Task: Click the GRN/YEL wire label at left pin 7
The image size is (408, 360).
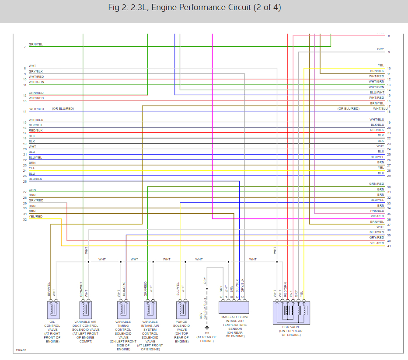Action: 36,44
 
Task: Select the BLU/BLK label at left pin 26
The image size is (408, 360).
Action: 35,179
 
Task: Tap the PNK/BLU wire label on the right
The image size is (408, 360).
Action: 377,211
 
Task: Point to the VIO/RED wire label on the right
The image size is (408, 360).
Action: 377,216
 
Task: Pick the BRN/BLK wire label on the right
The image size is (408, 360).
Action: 377,71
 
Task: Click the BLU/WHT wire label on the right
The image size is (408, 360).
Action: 377,92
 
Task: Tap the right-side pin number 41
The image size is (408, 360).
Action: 389,246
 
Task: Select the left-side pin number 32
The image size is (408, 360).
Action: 25,219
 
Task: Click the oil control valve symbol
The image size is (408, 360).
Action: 52,310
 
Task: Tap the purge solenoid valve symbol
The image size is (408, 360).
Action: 181,310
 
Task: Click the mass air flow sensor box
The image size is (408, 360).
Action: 234,307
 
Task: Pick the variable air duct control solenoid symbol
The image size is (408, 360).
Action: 85,310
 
